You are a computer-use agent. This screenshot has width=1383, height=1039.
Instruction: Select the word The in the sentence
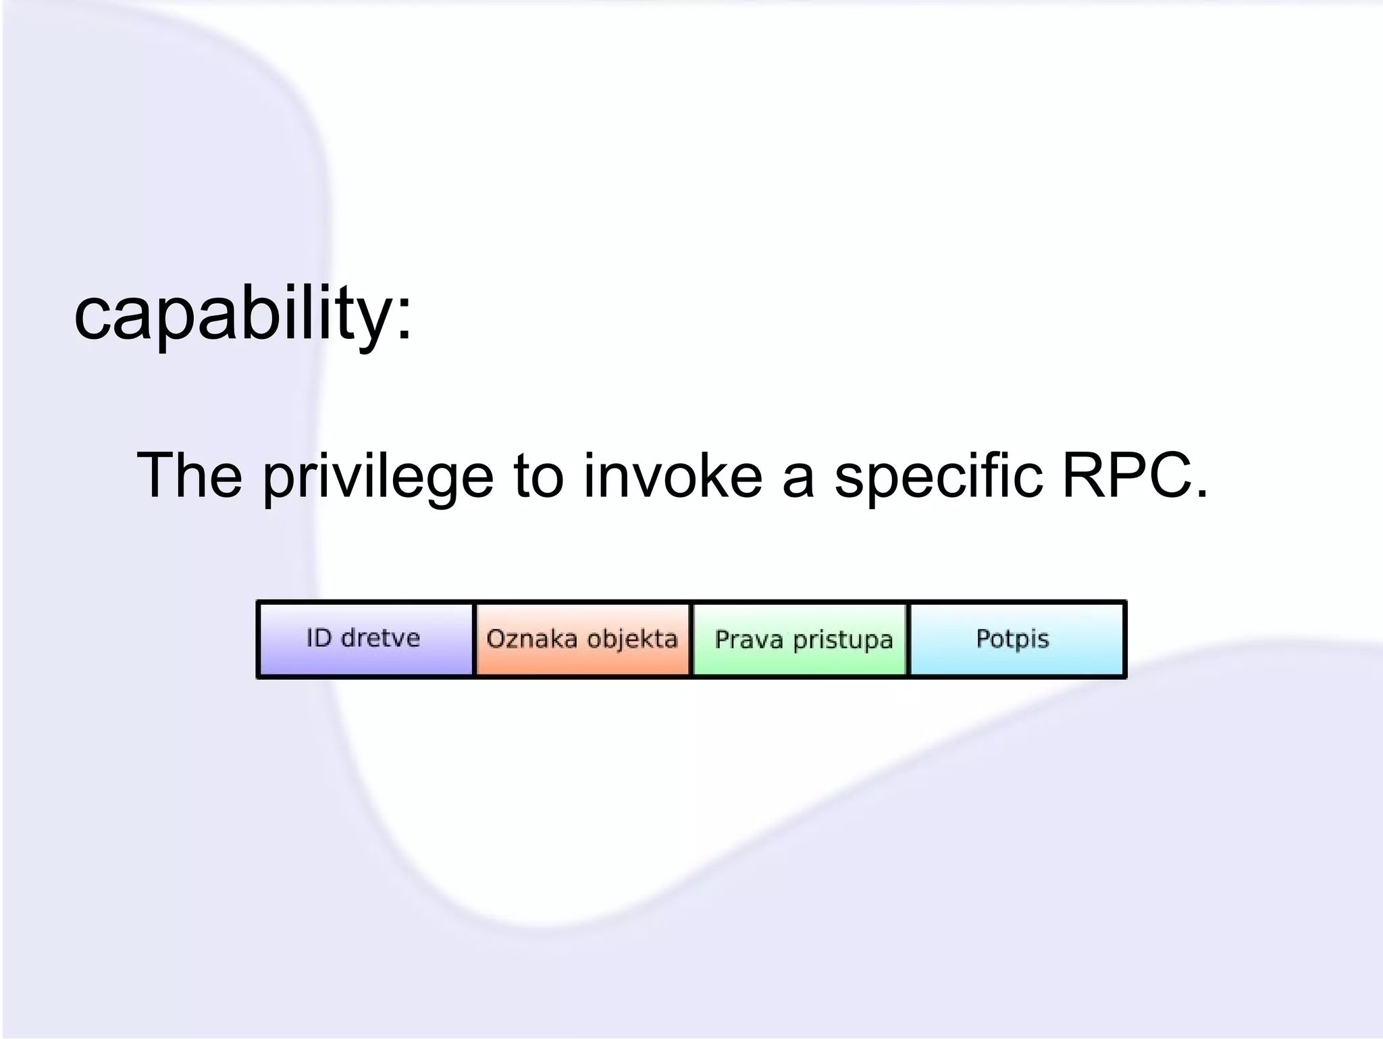[189, 476]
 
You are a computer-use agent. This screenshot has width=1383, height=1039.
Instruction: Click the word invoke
[673, 476]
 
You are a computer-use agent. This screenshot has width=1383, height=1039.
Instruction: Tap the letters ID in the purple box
[318, 638]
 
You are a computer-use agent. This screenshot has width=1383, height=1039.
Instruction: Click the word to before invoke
[538, 476]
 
